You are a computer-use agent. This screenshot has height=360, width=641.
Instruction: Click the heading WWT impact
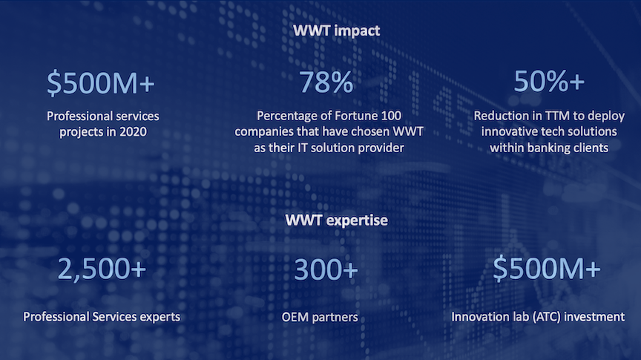336,30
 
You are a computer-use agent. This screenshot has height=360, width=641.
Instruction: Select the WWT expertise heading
336,220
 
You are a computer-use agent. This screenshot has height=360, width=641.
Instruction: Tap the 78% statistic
326,82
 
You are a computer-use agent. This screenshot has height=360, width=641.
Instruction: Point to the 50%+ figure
548,81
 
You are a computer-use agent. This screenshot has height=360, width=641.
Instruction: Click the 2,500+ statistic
102,269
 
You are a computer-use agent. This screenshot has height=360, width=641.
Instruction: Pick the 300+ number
326,269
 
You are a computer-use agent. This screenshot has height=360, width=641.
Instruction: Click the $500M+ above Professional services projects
101,83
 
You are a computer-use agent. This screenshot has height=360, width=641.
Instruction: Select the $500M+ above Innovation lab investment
547,269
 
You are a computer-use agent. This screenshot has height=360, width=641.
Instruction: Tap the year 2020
134,132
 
